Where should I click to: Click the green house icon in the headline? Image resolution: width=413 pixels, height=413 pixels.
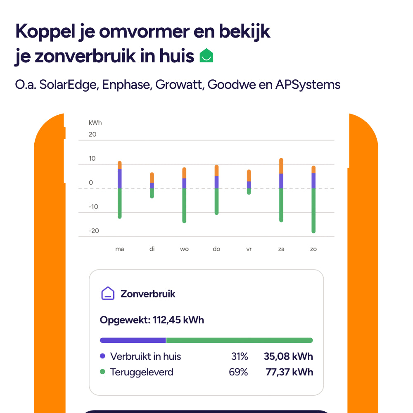206,55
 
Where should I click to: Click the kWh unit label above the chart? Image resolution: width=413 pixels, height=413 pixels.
95,123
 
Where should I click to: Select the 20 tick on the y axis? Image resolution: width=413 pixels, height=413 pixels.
93,134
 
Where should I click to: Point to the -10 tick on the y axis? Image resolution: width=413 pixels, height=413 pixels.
94,206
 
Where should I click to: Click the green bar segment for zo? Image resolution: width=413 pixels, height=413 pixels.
313,211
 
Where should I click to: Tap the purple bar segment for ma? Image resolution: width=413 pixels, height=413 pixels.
120,178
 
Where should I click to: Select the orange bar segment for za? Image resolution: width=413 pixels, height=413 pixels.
281,166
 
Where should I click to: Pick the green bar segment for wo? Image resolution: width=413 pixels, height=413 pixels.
184,205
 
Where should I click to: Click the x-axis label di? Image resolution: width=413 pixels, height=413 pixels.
152,249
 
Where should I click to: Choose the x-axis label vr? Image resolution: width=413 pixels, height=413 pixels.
249,249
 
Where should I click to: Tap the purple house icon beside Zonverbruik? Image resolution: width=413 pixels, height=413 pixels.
108,293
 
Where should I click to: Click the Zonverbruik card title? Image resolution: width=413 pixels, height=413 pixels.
148,294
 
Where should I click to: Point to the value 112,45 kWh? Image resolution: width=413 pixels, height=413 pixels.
178,320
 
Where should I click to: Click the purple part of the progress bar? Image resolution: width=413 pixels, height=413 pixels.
133,340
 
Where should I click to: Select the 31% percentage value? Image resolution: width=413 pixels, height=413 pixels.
240,356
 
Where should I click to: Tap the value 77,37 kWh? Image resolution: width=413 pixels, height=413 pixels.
289,372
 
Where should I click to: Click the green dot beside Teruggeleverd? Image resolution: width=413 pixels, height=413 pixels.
103,372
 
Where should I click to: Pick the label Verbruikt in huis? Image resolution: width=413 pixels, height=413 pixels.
145,356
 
